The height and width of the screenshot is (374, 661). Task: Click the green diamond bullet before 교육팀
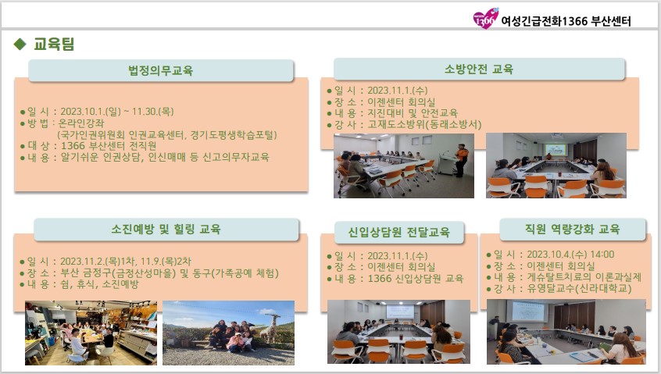coord(20,44)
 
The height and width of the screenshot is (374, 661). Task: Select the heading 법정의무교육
coord(161,70)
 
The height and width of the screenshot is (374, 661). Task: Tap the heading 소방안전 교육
coord(479,69)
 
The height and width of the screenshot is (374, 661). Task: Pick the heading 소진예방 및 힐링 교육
coord(166,229)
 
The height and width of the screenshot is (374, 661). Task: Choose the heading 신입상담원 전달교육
coord(398,232)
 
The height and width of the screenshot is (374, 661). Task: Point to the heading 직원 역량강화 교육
coord(573,229)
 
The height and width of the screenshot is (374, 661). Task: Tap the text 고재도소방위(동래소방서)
coord(424,125)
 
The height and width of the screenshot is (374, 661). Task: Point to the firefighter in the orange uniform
coord(462,160)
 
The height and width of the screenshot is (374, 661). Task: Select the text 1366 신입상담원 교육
coord(416,279)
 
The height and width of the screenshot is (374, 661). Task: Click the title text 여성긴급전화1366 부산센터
coord(566,21)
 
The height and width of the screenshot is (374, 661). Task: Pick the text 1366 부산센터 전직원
coord(109,146)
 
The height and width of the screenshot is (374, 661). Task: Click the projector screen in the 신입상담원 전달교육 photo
coord(399,312)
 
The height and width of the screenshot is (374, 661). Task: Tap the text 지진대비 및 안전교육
coord(413,113)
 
